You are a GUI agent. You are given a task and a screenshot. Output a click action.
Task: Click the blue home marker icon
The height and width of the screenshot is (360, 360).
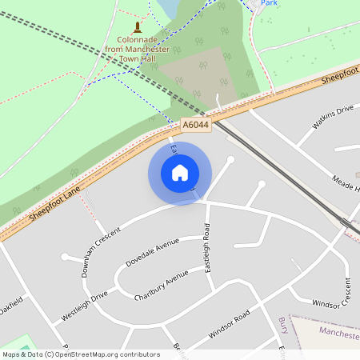point(180,173)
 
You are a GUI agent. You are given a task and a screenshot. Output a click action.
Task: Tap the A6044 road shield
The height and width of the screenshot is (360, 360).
point(195,126)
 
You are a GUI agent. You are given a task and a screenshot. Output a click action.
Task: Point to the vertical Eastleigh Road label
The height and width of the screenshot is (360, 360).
point(207,249)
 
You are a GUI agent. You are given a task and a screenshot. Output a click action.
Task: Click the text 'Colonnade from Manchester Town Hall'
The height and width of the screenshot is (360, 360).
point(137,49)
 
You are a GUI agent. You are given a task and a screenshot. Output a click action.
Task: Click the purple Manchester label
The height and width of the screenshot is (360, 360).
point(338,331)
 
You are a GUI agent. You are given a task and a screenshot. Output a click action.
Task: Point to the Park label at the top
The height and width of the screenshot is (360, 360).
point(268,3)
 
